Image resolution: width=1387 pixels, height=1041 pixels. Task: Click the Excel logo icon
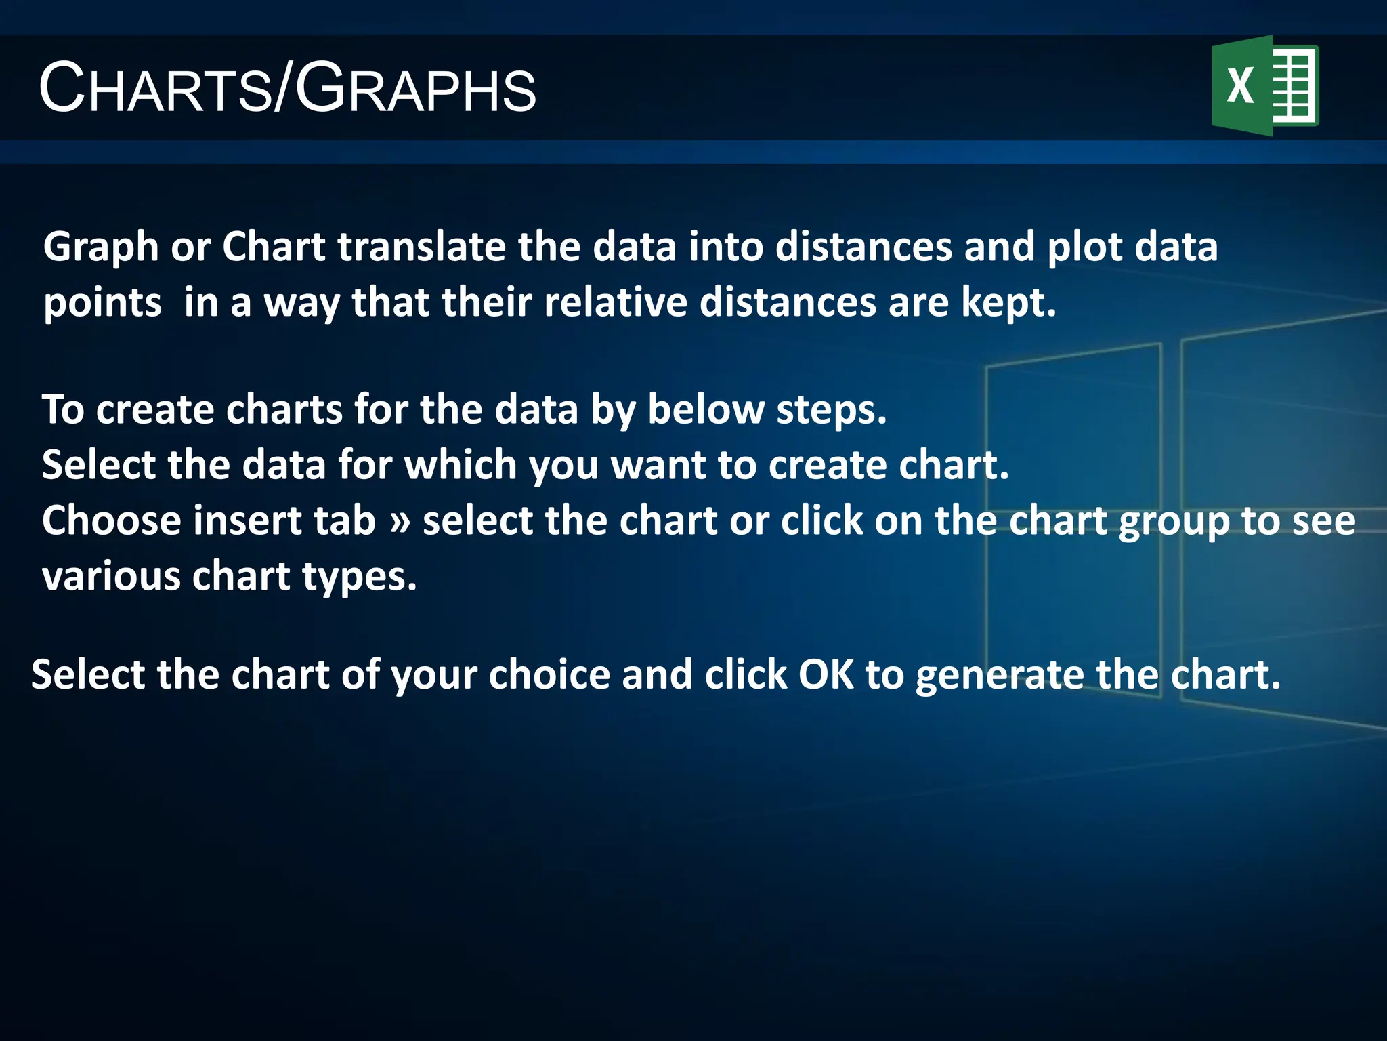point(1264,85)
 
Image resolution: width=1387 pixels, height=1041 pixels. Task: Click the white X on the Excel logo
point(1240,86)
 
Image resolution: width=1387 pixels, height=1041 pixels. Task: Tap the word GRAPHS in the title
point(415,88)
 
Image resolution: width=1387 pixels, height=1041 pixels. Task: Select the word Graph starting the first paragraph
point(101,247)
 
